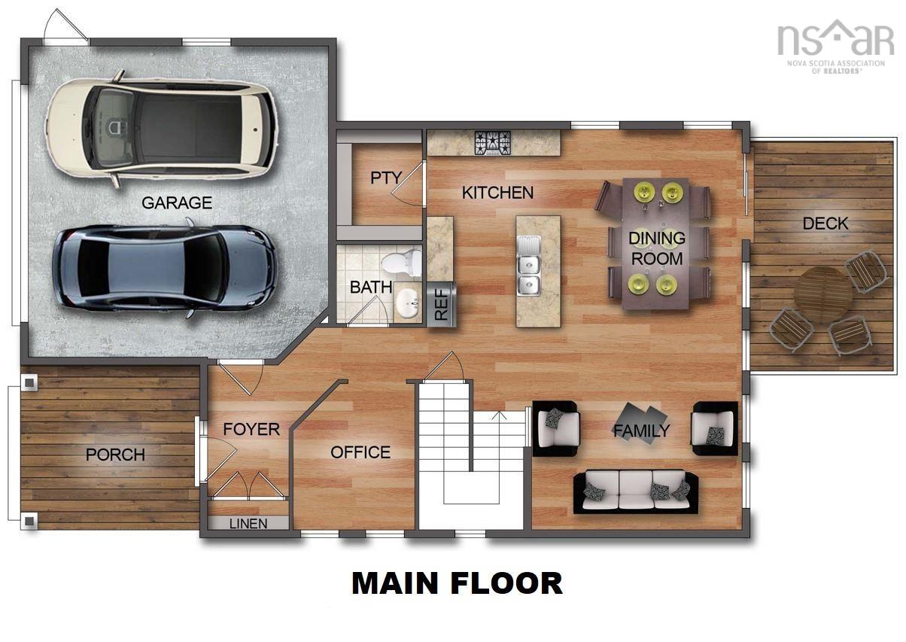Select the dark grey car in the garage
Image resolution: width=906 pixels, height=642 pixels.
click(164, 266)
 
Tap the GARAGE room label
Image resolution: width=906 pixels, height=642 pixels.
click(177, 203)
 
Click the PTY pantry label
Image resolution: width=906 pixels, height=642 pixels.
click(385, 178)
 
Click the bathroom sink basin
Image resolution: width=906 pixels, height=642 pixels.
click(407, 304)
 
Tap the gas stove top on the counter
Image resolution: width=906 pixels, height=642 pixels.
click(492, 142)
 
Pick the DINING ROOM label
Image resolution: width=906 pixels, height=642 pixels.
click(657, 248)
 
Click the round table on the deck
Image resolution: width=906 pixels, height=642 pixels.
click(822, 294)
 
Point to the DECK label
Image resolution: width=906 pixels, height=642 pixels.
click(825, 224)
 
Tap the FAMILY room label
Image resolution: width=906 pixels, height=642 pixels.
click(641, 431)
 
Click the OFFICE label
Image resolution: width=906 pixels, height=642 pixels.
click(360, 452)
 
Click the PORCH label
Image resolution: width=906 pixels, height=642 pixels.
click(115, 455)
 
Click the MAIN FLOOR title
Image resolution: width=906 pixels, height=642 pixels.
click(457, 583)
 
